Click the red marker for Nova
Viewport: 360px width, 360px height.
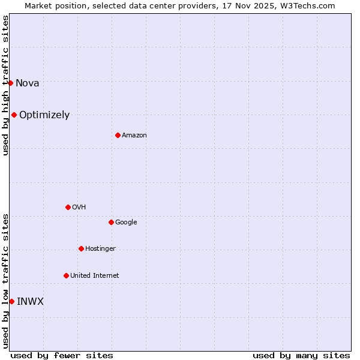(10, 83)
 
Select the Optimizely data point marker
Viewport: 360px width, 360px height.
(14, 115)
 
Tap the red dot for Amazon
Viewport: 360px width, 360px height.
(118, 135)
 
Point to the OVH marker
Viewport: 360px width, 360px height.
(68, 207)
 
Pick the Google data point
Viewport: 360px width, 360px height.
(111, 222)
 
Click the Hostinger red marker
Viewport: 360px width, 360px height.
(81, 248)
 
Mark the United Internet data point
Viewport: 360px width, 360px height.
(66, 275)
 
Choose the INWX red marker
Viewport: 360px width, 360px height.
(11, 301)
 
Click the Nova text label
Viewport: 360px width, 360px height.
(27, 83)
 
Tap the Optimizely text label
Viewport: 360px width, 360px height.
(44, 115)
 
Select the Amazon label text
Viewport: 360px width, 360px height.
(134, 136)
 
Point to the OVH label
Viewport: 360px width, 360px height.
(79, 208)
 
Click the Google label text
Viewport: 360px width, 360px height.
(126, 223)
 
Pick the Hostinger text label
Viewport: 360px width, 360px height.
(100, 249)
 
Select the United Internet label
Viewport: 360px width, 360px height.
(94, 276)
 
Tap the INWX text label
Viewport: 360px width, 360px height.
(30, 302)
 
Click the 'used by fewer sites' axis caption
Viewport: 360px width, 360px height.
(62, 355)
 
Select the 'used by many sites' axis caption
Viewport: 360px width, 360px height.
(301, 355)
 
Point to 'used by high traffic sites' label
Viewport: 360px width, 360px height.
(5, 85)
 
